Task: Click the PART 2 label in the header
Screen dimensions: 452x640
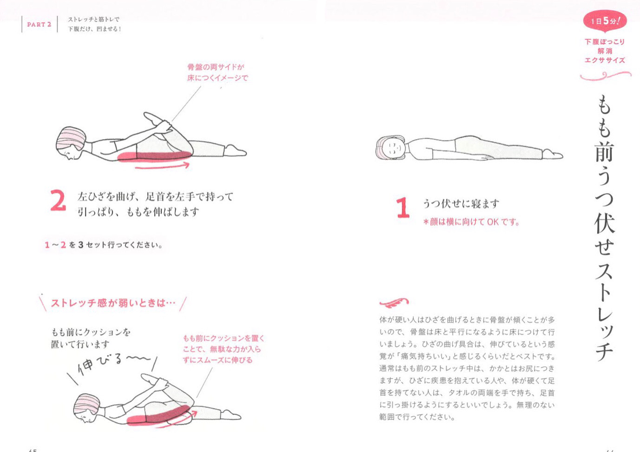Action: pos(39,25)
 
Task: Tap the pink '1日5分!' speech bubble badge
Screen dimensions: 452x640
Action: pos(605,21)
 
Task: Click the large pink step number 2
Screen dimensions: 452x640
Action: pos(58,201)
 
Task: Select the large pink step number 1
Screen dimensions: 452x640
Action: pos(402,207)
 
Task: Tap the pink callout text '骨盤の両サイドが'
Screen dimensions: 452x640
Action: pos(216,67)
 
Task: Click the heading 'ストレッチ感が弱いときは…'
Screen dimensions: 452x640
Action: pos(113,303)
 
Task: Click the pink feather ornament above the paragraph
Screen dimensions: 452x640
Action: pos(394,303)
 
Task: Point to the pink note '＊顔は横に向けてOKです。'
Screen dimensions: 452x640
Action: pos(471,222)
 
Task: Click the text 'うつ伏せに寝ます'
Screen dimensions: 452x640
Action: pos(461,203)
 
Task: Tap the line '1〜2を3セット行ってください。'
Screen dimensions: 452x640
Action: pos(104,245)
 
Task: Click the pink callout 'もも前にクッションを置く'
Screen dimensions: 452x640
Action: pos(224,338)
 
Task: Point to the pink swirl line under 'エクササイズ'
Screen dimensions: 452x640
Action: pos(606,76)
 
